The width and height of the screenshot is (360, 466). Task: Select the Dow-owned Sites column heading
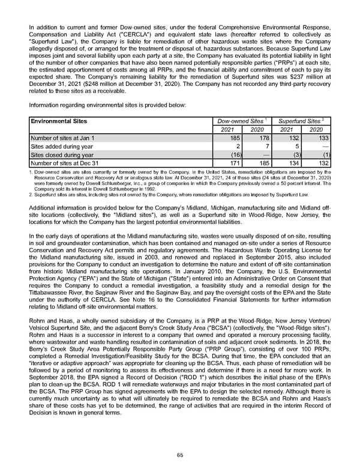point(240,121)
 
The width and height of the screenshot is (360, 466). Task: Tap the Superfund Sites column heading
point(298,121)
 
